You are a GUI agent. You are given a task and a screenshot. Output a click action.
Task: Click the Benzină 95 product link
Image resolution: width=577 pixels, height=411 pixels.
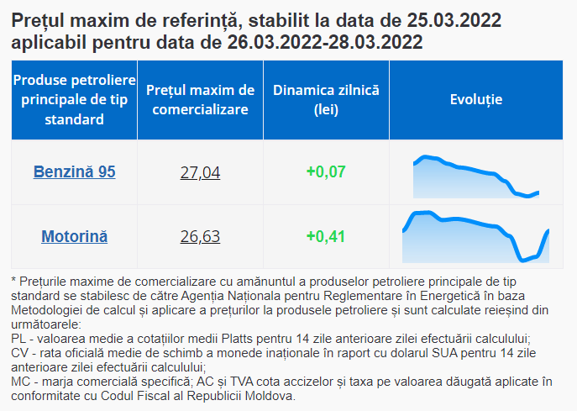(x=74, y=172)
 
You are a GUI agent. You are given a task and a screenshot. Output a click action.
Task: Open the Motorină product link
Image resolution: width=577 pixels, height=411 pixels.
(x=74, y=236)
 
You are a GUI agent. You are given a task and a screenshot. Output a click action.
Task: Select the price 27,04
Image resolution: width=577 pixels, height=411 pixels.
(x=200, y=172)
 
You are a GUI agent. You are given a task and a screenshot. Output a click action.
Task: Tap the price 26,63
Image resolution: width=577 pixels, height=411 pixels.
(x=200, y=236)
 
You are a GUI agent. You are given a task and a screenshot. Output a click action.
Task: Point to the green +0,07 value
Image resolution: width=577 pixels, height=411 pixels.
(x=326, y=172)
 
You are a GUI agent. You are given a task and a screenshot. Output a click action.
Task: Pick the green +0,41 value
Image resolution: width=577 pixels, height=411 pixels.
(x=326, y=236)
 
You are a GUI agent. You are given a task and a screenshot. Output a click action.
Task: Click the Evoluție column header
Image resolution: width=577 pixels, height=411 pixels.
(x=476, y=99)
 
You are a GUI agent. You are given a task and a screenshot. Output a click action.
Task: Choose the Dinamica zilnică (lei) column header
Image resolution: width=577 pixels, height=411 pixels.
(x=326, y=99)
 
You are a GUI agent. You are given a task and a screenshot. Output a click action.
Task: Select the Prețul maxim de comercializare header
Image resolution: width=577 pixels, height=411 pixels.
(x=200, y=99)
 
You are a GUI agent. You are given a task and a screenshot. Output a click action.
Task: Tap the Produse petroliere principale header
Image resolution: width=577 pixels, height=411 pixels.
(x=74, y=99)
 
